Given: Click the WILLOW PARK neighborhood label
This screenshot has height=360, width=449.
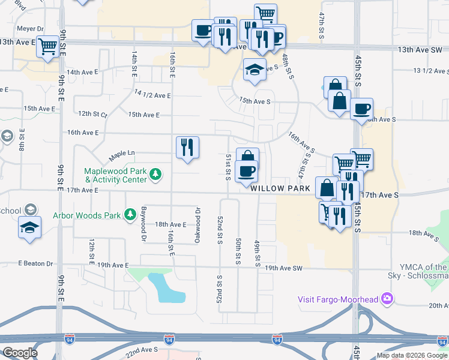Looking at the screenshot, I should click(280, 188).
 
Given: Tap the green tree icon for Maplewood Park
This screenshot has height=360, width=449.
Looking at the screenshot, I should click(156, 175).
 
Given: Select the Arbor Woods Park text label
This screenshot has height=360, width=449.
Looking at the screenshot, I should click(87, 215).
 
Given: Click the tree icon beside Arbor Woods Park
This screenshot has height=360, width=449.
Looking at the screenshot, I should click(129, 215).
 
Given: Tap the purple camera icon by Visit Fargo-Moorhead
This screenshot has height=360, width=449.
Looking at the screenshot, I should click(388, 298).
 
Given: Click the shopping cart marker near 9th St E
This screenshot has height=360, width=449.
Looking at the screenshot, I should click(47, 46).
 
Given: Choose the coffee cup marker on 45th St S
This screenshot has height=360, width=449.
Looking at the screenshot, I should click(361, 109).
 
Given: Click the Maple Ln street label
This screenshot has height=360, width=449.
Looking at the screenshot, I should click(122, 156).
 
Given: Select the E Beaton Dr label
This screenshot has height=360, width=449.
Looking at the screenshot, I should click(35, 263).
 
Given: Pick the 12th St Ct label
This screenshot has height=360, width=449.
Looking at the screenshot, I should click(92, 113).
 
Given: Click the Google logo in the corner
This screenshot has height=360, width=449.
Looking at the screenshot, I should click(20, 353).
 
